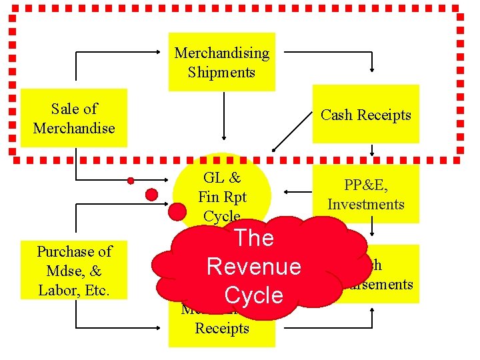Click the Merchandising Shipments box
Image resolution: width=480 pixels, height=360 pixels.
pos(221,62)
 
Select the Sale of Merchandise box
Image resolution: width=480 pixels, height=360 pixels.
pos(73,118)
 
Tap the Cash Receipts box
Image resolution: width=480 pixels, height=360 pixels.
pos(365,115)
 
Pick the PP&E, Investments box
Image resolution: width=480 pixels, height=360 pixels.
pos(365,195)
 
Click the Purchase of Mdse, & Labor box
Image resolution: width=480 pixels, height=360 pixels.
pos(74,271)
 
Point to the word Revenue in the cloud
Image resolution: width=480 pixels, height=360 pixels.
pos(254,267)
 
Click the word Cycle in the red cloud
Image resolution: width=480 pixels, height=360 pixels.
pos(254,295)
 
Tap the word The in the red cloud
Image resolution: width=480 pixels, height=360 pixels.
pos(254,238)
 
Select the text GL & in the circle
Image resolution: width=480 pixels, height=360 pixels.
pos(222,178)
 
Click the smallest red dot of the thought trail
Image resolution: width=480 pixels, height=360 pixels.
pos(131,181)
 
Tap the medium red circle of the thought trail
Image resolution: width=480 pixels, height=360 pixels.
pos(152,195)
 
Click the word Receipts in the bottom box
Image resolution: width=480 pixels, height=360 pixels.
pos(222,328)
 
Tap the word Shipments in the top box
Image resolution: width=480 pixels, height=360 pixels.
pos(221,72)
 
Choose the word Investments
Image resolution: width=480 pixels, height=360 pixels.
pos(365,205)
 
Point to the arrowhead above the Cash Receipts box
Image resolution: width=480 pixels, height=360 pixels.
pos(373,71)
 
